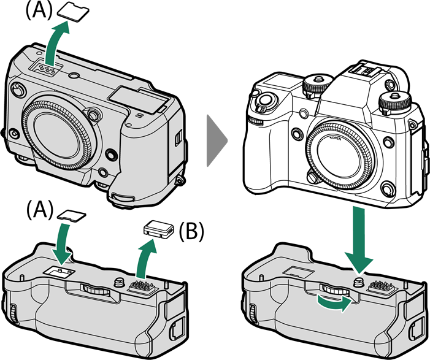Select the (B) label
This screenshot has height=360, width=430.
click(x=191, y=231)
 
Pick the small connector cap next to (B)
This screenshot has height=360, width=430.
click(x=156, y=230)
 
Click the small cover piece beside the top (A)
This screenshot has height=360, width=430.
click(x=72, y=11)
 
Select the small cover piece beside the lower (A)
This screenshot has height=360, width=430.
click(x=72, y=214)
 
